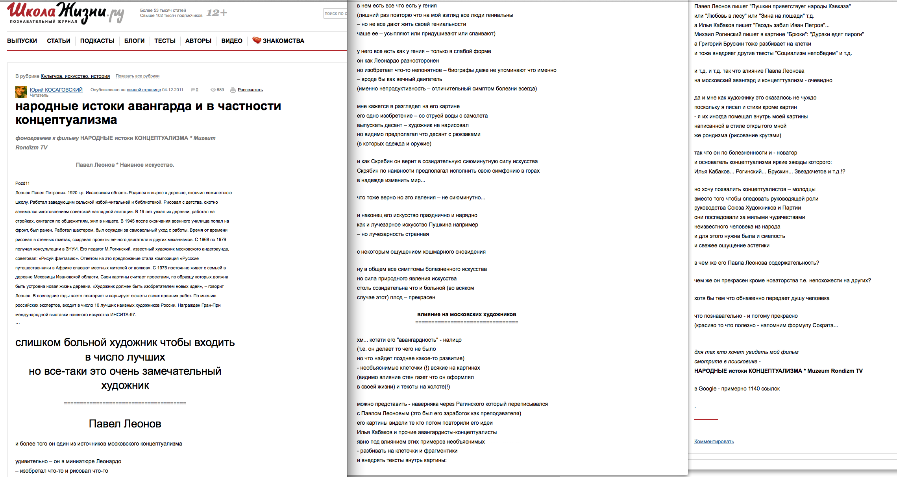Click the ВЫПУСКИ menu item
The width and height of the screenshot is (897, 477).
pos(22,41)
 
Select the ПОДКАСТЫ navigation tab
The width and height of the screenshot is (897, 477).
pos(97,41)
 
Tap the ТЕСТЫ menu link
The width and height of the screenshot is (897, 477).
pos(165,41)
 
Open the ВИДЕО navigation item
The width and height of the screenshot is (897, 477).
pos(232,41)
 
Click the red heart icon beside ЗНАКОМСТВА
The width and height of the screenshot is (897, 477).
pos(257,40)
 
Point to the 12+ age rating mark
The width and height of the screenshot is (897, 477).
pos(217,13)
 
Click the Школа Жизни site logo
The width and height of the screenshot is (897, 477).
pos(65,13)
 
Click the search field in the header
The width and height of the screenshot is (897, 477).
pos(335,13)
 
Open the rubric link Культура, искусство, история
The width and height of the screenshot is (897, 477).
pos(75,76)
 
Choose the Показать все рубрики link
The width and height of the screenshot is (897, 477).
pos(137,76)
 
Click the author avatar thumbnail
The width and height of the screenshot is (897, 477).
pos(21,92)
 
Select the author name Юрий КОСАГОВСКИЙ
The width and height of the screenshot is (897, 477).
pos(56,90)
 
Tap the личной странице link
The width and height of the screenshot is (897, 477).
pos(144,90)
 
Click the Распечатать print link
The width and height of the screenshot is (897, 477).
pos(250,90)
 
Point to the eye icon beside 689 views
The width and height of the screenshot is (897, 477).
pos(213,90)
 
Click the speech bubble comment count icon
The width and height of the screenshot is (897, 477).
pos(193,90)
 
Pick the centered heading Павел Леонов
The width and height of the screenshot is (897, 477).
pos(125,424)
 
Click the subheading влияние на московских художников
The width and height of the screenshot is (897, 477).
pos(466,315)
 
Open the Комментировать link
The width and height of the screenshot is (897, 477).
pos(714,442)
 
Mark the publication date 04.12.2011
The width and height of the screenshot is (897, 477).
pos(173,90)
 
